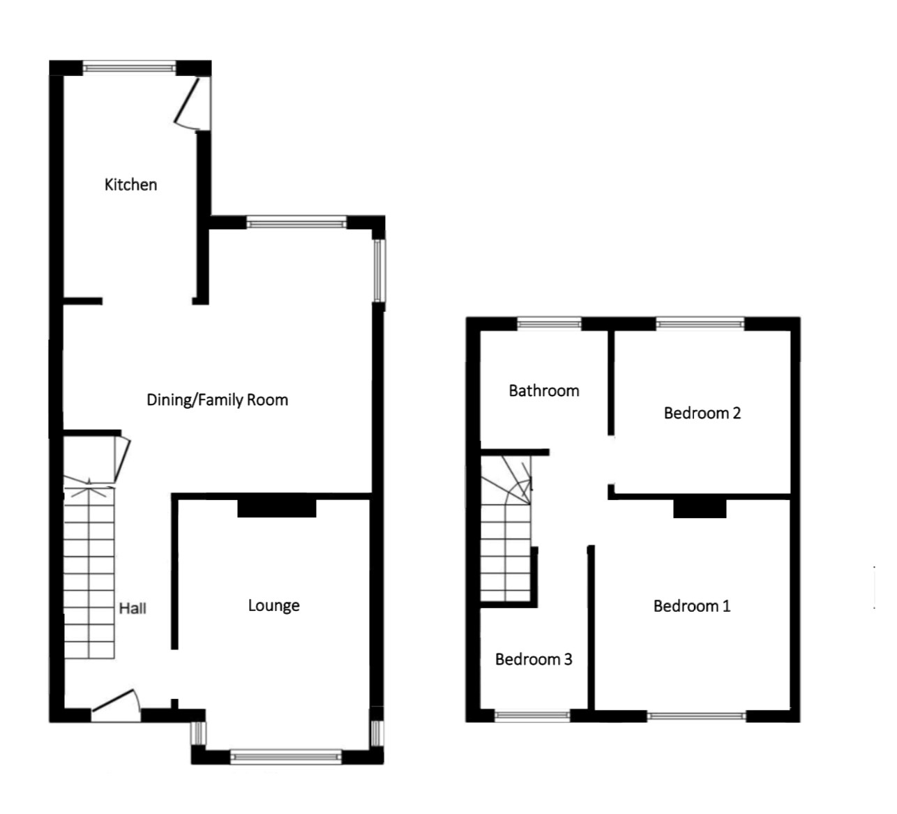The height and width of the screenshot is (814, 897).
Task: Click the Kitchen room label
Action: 130,185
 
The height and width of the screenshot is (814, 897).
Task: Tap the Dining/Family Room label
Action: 217,400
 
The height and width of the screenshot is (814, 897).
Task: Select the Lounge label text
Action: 273,605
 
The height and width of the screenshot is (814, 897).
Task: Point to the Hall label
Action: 133,608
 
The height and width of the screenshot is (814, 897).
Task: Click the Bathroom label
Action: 543,391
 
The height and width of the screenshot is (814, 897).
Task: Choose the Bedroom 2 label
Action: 702,413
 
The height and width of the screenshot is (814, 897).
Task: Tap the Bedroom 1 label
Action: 691,606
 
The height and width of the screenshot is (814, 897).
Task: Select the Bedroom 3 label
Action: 534,659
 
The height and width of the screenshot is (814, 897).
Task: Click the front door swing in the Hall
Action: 116,702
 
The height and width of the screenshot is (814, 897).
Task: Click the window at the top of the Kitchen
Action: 130,68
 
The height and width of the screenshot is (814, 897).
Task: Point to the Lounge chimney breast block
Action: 277,507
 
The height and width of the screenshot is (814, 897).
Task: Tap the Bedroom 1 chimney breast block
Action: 700,508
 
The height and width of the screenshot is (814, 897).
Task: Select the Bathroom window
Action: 550,323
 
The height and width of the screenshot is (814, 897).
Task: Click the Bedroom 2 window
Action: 700,323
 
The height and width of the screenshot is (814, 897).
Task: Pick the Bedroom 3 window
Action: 532,715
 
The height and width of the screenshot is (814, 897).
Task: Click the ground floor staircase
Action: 89,572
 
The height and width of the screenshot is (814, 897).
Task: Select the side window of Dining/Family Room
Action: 379,270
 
